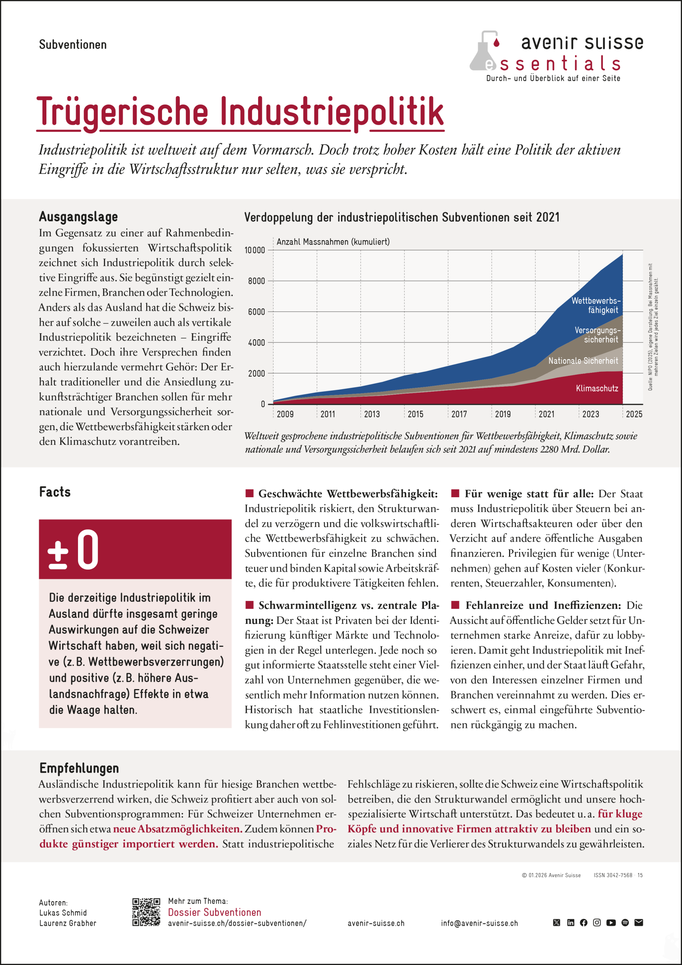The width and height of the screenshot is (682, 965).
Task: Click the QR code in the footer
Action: pos(146,912)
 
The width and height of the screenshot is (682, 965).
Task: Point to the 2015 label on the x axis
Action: pos(415,414)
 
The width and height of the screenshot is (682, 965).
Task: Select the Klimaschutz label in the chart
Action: pos(597,388)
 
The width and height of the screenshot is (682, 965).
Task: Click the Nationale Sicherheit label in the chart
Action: pos(583,361)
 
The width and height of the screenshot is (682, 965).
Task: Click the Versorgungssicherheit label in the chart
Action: pos(597,335)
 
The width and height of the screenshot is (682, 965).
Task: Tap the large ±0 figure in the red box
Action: pos(73,550)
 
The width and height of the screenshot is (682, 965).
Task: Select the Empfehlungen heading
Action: pos(79,768)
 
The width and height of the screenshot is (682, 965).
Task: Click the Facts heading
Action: pos(55,492)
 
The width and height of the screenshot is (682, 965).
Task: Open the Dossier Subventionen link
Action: pos(214,912)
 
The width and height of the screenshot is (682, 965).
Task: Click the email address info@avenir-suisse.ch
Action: pos(479,924)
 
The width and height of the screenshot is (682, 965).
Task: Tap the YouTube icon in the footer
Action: pos(611,922)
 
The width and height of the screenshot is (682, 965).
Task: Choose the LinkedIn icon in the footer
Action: pos(570,922)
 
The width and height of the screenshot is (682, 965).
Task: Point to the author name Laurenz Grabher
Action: pos(68,924)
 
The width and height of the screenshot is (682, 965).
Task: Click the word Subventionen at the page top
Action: pos(73,44)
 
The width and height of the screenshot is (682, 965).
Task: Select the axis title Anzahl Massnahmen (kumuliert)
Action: pos(333,242)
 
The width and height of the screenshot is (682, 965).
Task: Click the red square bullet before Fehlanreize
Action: pos(455,605)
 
